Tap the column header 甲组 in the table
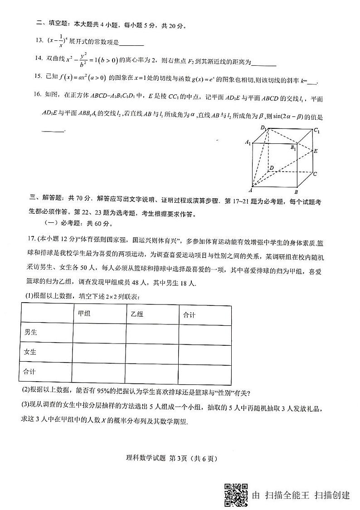[84, 314]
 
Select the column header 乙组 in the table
[137, 314]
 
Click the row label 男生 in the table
[31, 332]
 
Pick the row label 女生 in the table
[31, 352]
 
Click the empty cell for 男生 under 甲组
[99, 332]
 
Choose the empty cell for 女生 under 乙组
[152, 352]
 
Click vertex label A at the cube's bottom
[251, 191]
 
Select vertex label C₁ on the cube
[316, 131]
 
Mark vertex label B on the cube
[296, 191]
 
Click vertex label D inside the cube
[271, 168]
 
